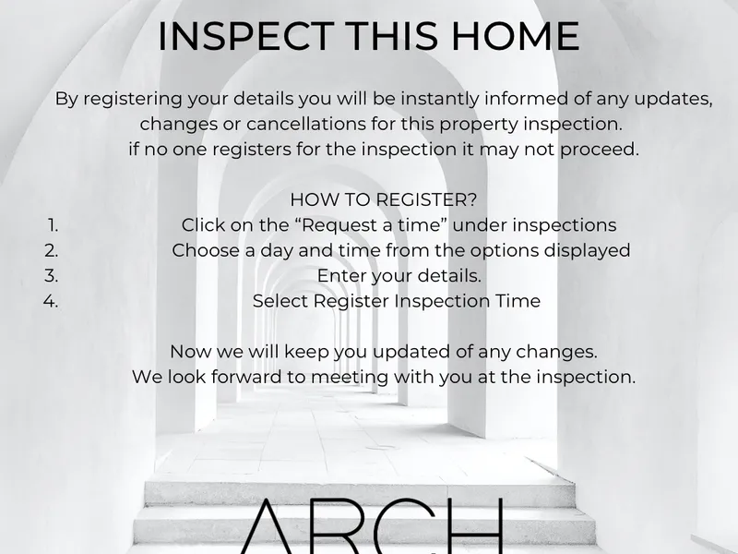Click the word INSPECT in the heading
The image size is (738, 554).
coord(245,36)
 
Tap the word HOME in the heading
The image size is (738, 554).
coord(515,36)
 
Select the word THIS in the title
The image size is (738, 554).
coord(393,36)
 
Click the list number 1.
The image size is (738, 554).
coord(53,225)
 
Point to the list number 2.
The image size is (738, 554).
coord(52,250)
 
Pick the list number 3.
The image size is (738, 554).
coord(52,276)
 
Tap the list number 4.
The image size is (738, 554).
coord(51,302)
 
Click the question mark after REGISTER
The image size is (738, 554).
coord(472,199)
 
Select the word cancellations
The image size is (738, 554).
coord(306,124)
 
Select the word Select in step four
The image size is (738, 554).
coord(280,302)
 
